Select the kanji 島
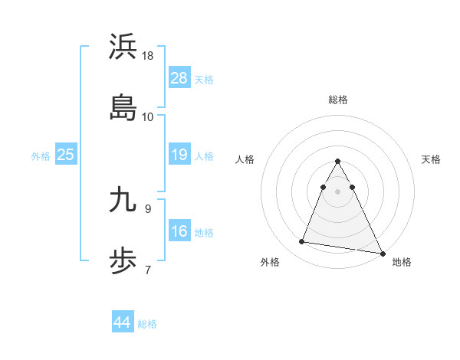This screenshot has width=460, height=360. point(123,107)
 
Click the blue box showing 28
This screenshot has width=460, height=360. point(179,77)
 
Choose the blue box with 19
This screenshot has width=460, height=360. point(179,155)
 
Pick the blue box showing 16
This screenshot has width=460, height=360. point(179,231)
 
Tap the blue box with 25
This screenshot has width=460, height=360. point(66,155)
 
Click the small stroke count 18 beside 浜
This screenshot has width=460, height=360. point(148,56)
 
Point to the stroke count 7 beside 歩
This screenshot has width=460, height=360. point(147,269)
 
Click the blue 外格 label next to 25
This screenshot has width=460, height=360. point(41,156)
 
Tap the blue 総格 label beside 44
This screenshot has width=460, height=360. point(147,324)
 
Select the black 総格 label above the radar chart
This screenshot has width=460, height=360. point(337,100)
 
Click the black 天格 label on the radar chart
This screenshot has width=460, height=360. point(431,159)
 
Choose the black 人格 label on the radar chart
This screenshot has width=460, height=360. point(245,159)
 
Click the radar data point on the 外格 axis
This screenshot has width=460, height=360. point(301,242)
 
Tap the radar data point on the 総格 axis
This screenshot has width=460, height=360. point(337,162)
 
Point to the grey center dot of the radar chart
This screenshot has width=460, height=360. point(337,191)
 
